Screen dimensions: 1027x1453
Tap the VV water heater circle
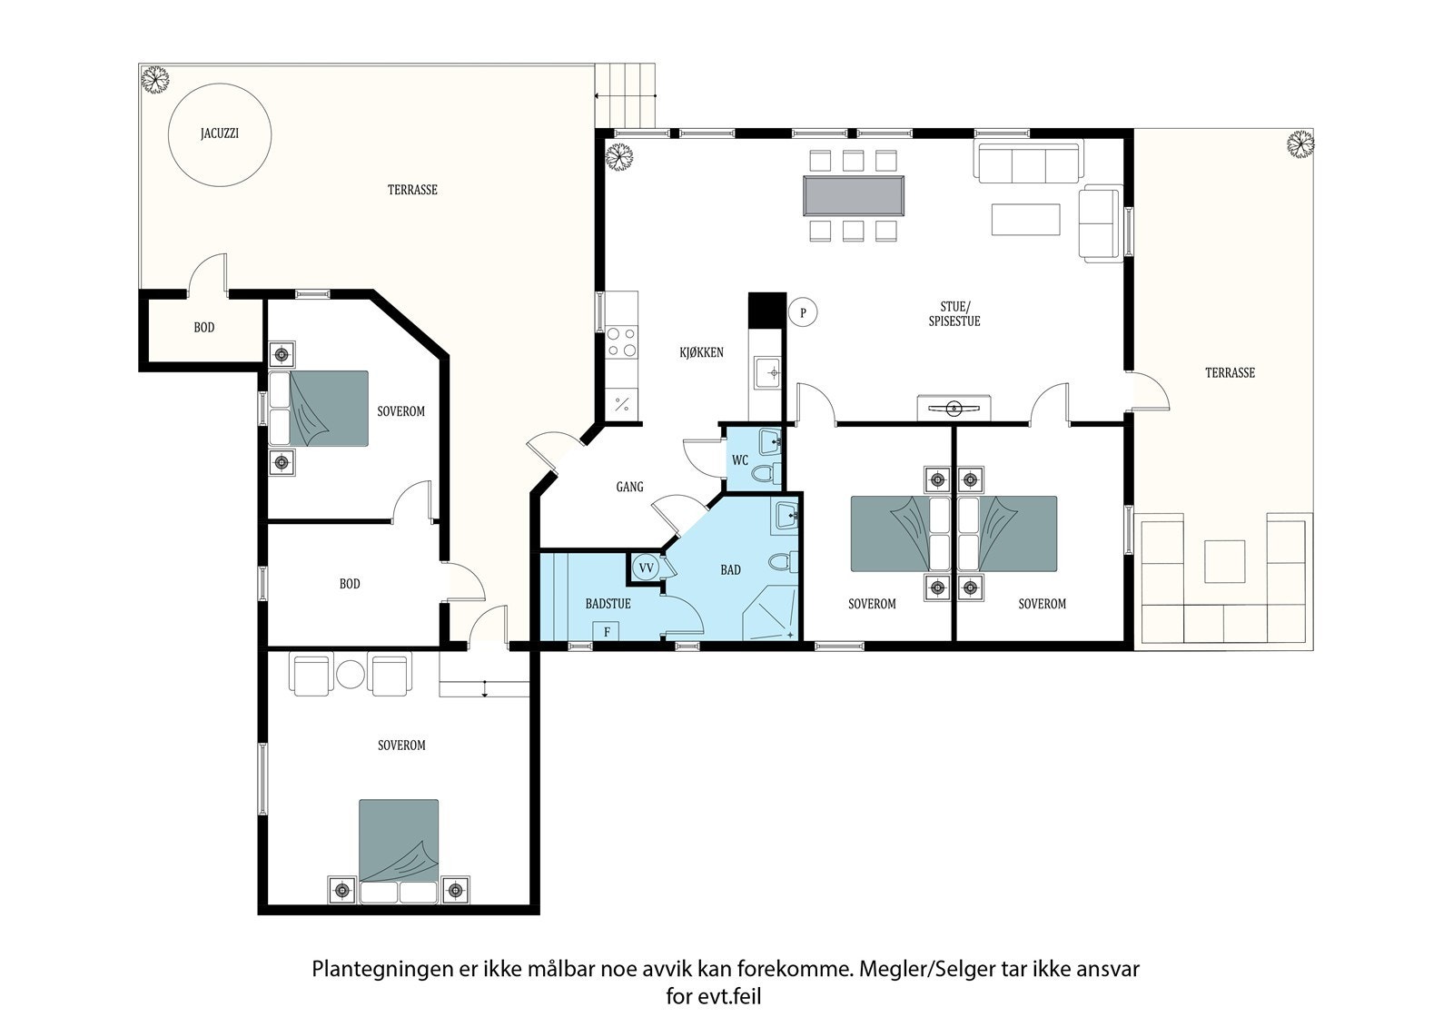[646, 568]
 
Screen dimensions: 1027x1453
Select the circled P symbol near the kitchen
[803, 312]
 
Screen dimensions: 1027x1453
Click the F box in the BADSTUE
[606, 631]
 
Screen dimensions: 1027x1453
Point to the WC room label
[740, 460]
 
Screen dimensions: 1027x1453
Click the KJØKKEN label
[701, 352]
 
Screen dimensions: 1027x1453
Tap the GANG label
[629, 487]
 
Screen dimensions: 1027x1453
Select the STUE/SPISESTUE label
[954, 313]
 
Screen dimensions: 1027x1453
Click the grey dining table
[853, 195]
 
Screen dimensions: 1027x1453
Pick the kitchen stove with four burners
[622, 342]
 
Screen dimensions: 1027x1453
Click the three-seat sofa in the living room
[1029, 161]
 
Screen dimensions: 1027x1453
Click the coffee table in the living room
[1025, 219]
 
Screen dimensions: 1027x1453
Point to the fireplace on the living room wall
[954, 409]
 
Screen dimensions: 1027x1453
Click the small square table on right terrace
[1225, 561]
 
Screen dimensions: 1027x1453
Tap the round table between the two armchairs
[351, 675]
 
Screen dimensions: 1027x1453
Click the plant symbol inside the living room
[619, 157]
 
